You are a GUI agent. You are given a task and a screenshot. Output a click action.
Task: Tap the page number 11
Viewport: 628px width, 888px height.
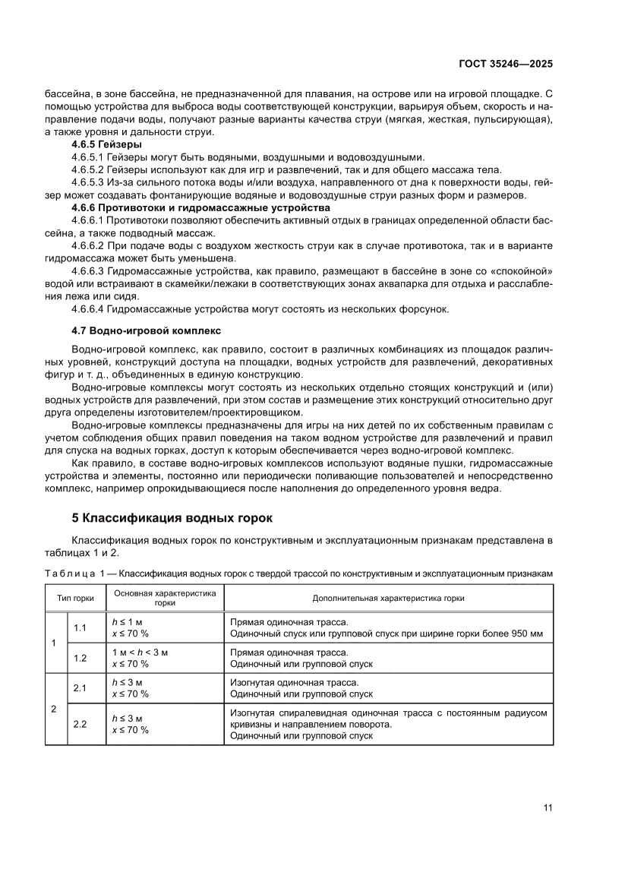point(548,807)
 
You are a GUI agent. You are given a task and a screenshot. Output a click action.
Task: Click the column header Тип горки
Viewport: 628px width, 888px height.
point(75,598)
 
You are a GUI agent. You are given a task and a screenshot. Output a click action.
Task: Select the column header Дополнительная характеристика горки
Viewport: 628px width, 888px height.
point(388,598)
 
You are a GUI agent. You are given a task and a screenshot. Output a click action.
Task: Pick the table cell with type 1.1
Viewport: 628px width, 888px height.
point(80,627)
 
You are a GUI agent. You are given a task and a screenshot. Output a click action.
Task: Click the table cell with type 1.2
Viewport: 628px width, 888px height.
point(80,658)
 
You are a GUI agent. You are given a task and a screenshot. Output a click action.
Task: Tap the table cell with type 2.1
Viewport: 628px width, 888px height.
point(80,688)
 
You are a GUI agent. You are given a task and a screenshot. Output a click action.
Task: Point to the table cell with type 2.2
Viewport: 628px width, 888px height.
point(80,725)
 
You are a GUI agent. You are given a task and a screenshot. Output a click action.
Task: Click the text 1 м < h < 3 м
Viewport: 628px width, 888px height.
point(140,653)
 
